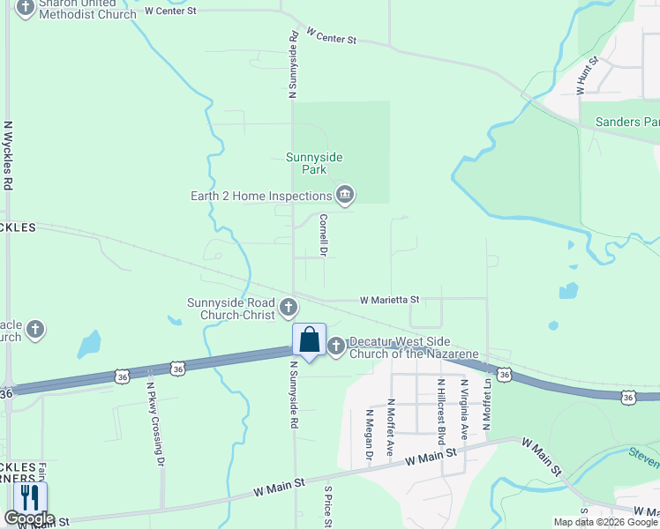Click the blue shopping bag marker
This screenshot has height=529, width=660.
pyautogui.click(x=309, y=340)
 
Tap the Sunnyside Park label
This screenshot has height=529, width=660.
pyautogui.click(x=314, y=163)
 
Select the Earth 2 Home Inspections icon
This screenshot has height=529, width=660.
pyautogui.click(x=345, y=195)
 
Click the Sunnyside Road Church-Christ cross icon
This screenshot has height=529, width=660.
pyautogui.click(x=289, y=308)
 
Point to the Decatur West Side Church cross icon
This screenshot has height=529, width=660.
pyautogui.click(x=336, y=346)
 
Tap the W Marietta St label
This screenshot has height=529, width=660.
pyautogui.click(x=389, y=301)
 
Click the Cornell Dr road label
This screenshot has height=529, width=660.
pyautogui.click(x=324, y=235)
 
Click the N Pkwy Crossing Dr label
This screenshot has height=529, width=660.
pyautogui.click(x=155, y=423)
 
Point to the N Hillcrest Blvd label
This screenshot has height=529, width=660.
pyautogui.click(x=439, y=409)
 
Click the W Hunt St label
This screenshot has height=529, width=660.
pyautogui.click(x=587, y=76)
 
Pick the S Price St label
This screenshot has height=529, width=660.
pyautogui.click(x=327, y=507)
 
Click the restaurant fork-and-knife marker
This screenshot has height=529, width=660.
pyautogui.click(x=29, y=498)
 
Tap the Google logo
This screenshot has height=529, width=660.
pyautogui.click(x=29, y=518)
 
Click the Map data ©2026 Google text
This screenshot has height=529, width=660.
pyautogui.click(x=606, y=522)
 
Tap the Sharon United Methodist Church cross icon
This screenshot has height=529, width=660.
pyautogui.click(x=25, y=9)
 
